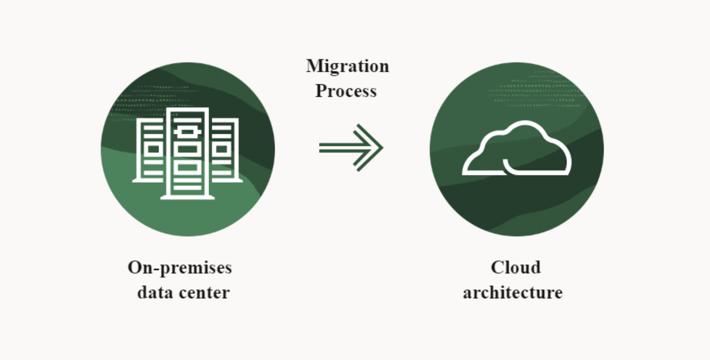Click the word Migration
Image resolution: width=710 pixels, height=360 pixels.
[347, 66]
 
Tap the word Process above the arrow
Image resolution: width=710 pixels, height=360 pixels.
[346, 91]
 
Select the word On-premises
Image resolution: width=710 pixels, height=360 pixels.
[180, 267]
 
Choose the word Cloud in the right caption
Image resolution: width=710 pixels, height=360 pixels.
[515, 267]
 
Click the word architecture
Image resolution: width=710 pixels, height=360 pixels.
[512, 292]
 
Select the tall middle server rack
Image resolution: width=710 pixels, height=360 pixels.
[188, 153]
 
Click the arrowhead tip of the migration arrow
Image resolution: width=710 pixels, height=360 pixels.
[381, 148]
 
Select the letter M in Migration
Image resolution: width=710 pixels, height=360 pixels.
[314, 66]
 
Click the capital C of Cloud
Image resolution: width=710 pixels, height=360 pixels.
[497, 267]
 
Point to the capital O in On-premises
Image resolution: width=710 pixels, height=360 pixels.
[135, 267]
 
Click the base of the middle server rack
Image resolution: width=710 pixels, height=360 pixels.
[188, 197]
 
